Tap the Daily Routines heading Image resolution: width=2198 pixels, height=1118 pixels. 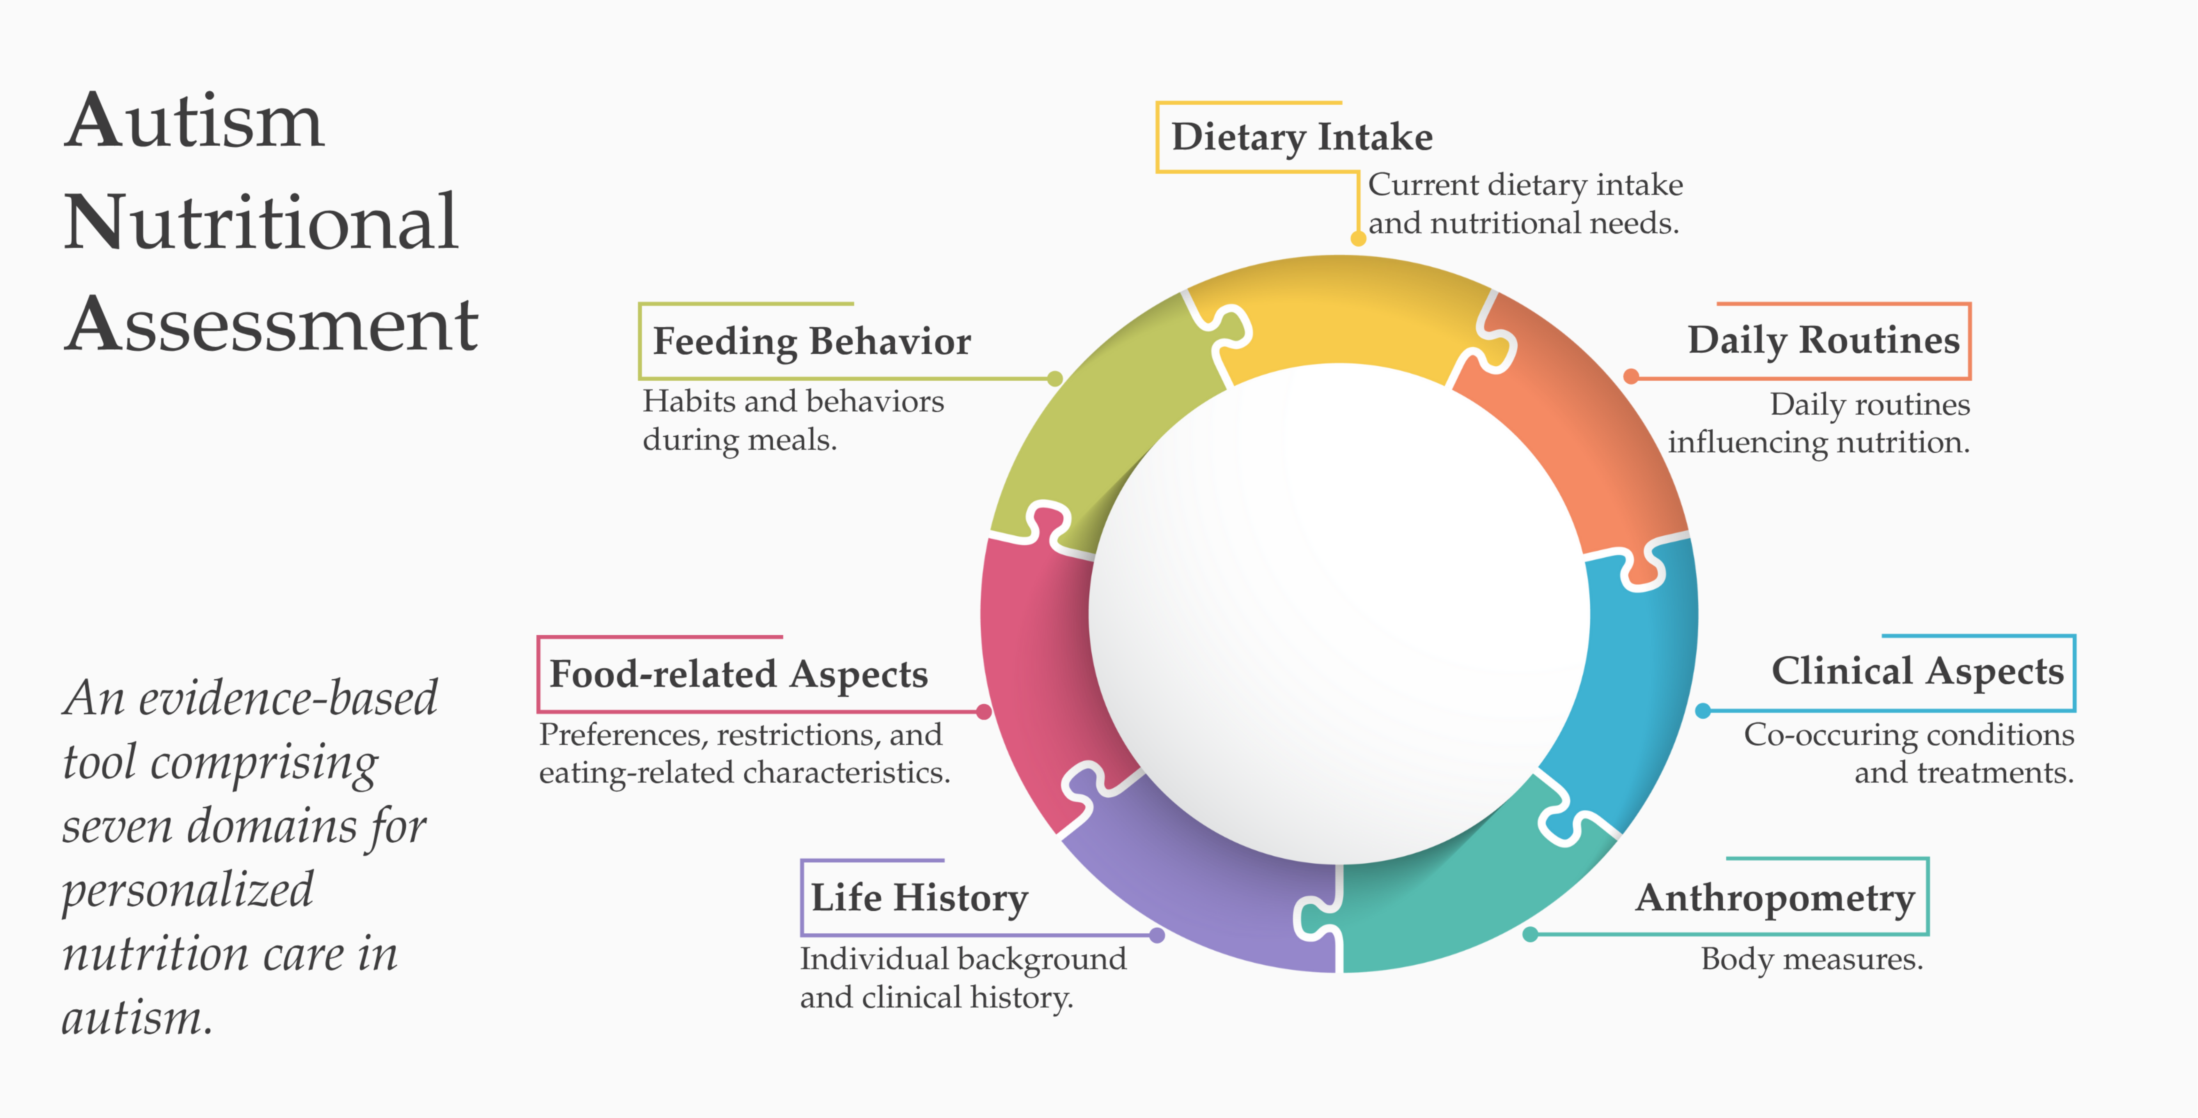point(1823,340)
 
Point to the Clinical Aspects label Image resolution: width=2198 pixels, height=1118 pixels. point(1917,671)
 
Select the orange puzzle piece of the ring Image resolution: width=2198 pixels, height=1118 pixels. point(1587,426)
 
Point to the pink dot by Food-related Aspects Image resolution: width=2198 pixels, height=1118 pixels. point(984,711)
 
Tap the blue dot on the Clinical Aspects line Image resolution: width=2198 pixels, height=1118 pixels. point(1703,710)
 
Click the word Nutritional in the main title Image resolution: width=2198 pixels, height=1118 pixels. point(261,222)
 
